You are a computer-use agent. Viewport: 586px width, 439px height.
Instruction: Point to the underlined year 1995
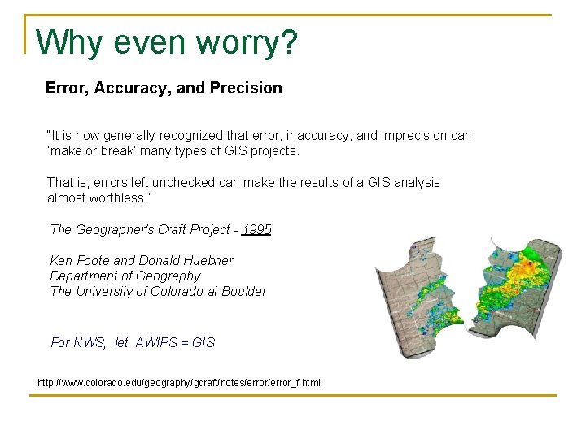point(256,230)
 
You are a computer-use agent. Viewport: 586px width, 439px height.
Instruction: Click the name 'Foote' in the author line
point(92,261)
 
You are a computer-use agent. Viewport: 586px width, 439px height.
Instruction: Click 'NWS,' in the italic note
point(90,343)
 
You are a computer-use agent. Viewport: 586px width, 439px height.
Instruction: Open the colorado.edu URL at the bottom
point(179,382)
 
